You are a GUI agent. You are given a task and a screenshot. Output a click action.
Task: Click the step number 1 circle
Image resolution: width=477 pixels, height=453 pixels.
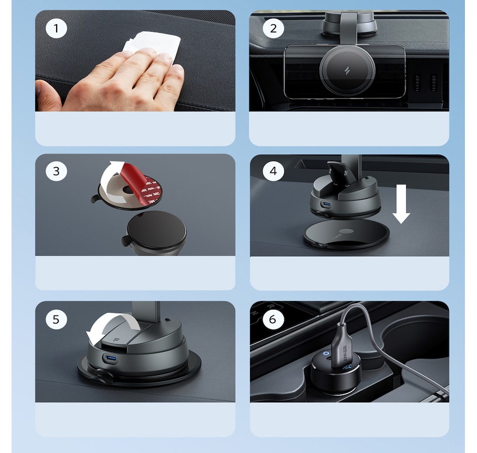click(56, 29)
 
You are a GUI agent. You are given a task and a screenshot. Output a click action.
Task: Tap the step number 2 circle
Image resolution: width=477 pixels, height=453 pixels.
click(273, 29)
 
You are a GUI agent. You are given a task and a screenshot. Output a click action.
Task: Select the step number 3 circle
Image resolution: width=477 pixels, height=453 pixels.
click(56, 172)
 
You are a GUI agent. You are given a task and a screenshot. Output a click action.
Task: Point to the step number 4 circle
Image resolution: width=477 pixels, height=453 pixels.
click(273, 172)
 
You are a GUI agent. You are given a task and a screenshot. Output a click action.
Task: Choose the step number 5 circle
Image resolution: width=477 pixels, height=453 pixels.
click(56, 319)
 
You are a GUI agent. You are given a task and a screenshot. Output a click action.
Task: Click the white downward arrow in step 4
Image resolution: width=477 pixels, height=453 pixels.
click(401, 203)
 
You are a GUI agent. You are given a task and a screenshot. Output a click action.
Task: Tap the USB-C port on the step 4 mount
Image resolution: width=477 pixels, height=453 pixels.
click(327, 205)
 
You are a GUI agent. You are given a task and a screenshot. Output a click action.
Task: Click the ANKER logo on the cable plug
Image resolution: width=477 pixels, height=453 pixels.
click(345, 356)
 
